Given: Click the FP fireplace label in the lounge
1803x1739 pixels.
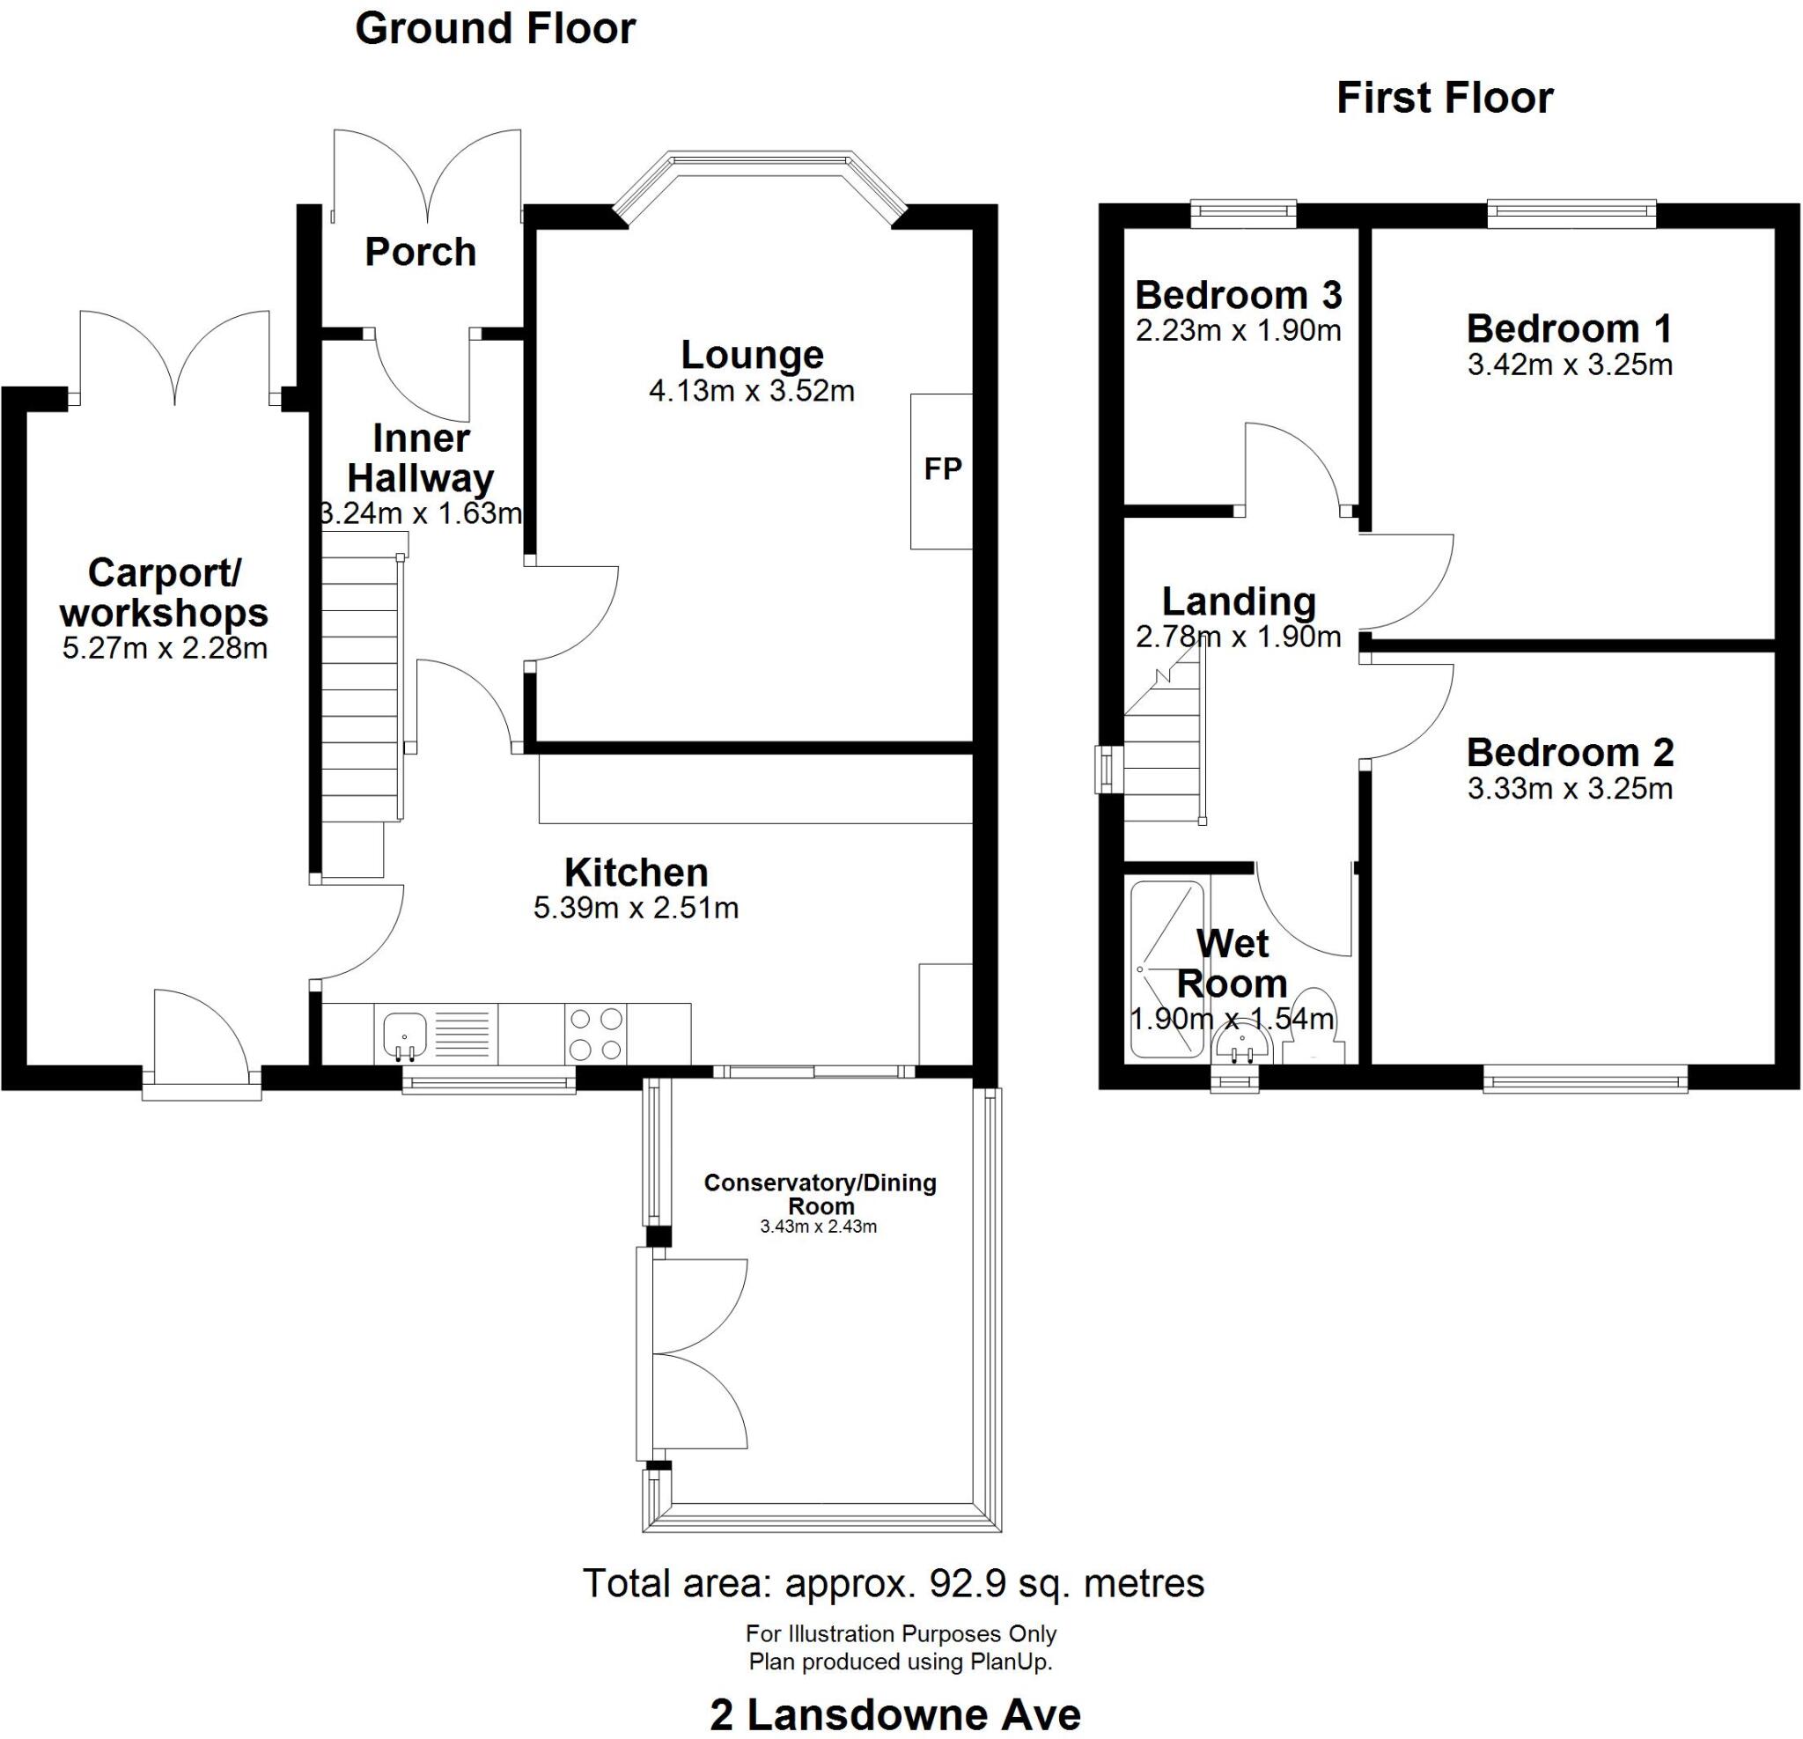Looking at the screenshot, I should click(942, 469).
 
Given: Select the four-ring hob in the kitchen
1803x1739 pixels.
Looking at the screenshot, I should click(596, 1034).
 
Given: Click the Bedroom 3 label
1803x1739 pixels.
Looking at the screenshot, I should click(1238, 295).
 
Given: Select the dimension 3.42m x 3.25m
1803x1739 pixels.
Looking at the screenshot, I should click(1570, 365).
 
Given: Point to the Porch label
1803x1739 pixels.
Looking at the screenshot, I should click(421, 252).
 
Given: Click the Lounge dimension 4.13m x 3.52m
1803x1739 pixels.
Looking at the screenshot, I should click(752, 391).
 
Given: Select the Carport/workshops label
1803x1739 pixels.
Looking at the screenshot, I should click(165, 593).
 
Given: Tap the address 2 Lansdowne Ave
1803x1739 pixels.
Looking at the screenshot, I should click(895, 1714).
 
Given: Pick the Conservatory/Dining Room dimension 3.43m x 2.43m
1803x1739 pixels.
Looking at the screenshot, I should click(818, 1227).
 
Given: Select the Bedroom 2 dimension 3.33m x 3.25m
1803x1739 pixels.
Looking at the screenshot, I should click(1570, 790).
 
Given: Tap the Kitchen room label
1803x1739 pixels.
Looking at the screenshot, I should click(636, 872).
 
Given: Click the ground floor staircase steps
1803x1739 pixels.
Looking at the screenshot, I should click(360, 699).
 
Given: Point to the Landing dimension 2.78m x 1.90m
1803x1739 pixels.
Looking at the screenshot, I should click(1238, 637).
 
